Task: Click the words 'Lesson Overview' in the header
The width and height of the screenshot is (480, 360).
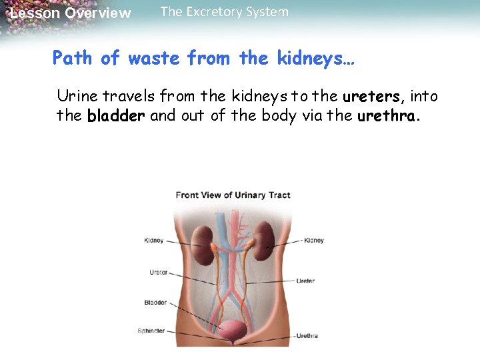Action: point(71,13)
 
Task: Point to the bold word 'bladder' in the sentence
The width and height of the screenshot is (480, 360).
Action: point(116,116)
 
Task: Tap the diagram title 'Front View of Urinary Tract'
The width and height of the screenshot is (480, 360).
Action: point(233,195)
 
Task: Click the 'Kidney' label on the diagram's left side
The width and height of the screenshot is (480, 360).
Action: point(153,241)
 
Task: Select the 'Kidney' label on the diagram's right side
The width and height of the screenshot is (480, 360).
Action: point(314,241)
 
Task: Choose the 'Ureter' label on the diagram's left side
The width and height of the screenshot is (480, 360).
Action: point(159,272)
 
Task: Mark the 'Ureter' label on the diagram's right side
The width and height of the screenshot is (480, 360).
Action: point(305,281)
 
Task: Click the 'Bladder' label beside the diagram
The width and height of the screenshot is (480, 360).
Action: point(155,303)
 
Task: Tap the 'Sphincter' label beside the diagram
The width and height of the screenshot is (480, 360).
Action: point(151,331)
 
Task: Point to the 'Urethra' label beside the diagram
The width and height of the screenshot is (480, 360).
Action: point(307,335)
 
